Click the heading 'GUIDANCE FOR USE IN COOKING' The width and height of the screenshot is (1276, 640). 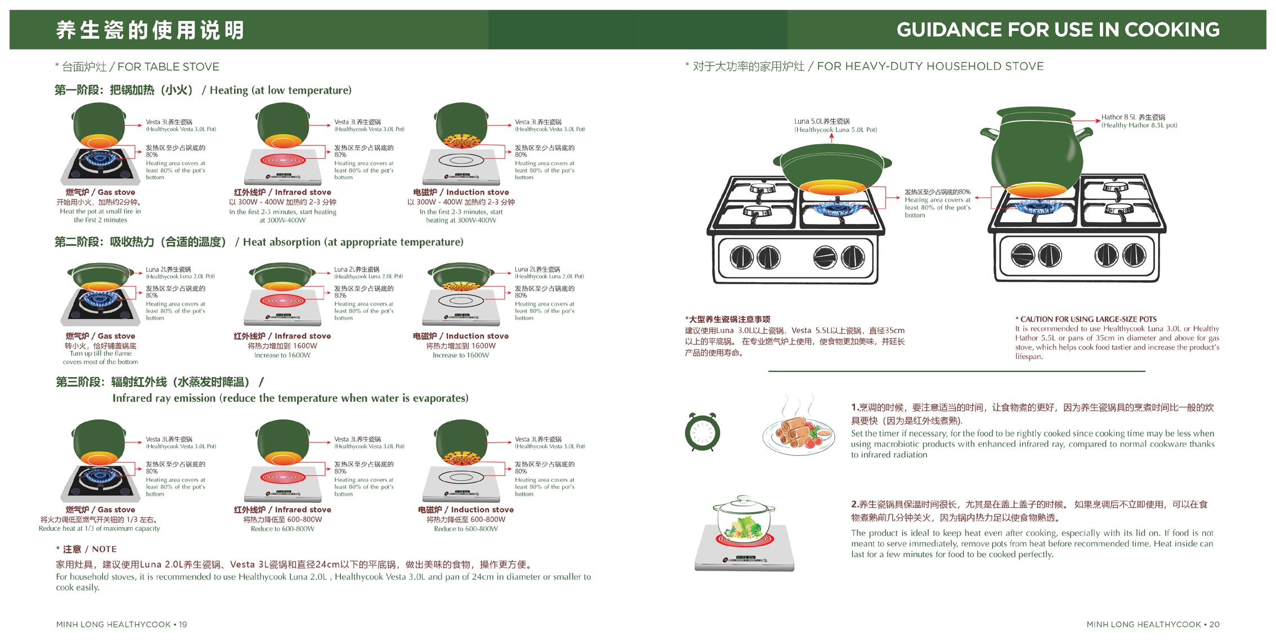[1057, 29]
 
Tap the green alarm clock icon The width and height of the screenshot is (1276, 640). [702, 432]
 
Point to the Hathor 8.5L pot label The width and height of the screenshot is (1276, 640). [1138, 121]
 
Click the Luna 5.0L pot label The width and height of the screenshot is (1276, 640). [835, 125]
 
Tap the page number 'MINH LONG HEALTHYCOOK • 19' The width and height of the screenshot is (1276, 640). [122, 624]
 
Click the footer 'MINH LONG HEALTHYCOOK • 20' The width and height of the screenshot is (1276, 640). [1153, 624]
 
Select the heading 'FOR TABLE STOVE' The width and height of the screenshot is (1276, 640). [137, 67]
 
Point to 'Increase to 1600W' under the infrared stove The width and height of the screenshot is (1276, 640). [282, 355]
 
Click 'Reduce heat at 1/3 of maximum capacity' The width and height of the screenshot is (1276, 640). [99, 529]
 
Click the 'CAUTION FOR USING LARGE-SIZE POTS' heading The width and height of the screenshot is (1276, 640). [1085, 319]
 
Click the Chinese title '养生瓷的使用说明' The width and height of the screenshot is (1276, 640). [150, 30]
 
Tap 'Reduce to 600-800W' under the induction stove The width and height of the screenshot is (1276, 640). [465, 529]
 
